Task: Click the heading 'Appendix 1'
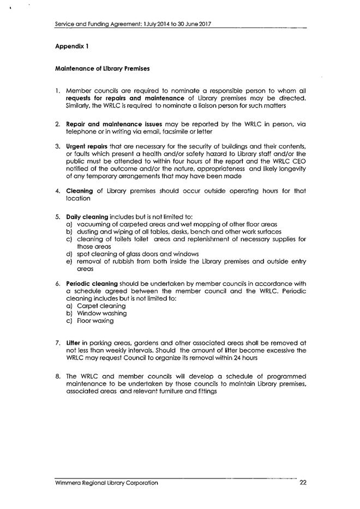(71, 46)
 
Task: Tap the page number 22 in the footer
(303, 483)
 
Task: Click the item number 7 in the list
(58, 342)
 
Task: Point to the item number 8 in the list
(58, 376)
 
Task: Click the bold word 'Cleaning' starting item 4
(80, 191)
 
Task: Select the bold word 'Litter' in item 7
(74, 342)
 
